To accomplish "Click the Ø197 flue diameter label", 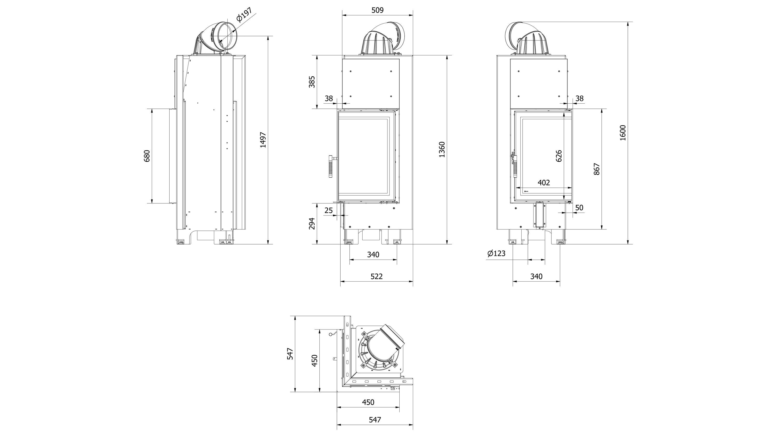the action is (244, 15).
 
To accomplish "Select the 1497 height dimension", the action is (263, 140).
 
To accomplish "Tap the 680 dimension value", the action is (147, 156).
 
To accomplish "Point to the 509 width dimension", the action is (377, 10).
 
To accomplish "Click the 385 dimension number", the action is (312, 82).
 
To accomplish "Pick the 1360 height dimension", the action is (442, 149).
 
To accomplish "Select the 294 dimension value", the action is (312, 224).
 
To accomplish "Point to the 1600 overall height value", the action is (623, 133).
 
